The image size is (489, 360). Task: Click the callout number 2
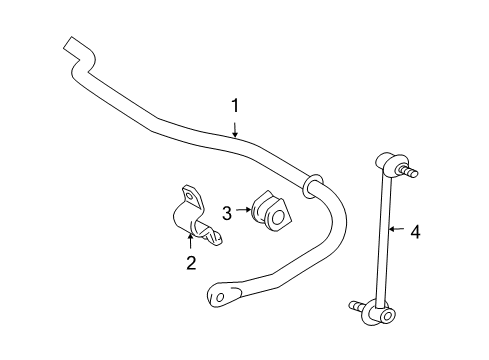point(190,263)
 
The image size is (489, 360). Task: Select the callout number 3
point(228,212)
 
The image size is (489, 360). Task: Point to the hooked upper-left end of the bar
point(71,47)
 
